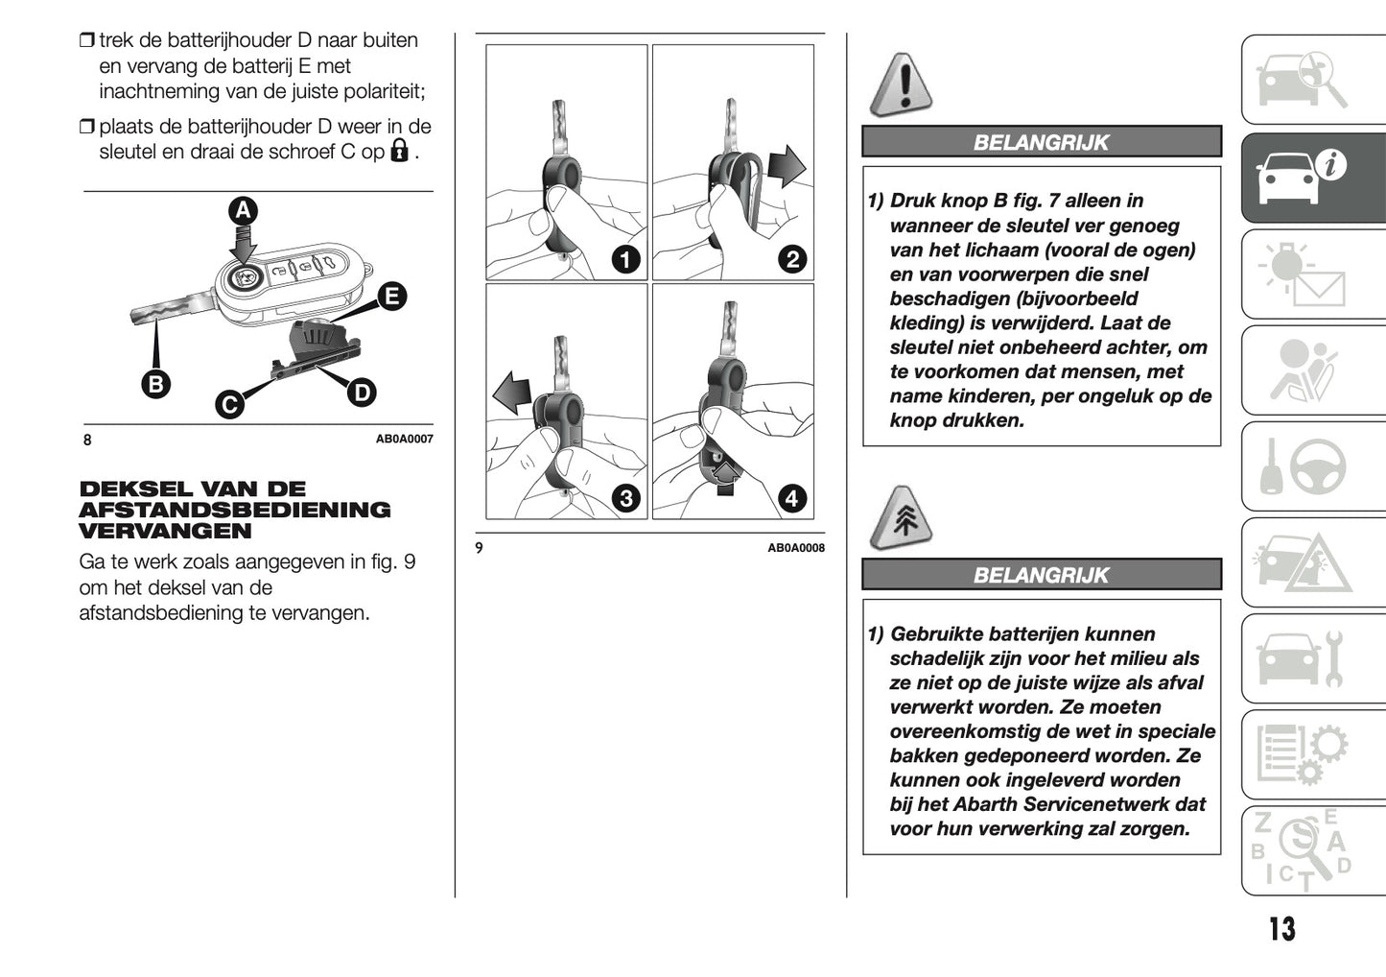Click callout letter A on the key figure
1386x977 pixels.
click(x=243, y=210)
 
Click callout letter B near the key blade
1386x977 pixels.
click(x=154, y=384)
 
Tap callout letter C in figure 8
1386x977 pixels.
click(x=228, y=405)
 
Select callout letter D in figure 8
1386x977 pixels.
click(x=361, y=392)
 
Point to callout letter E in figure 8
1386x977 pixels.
click(x=390, y=297)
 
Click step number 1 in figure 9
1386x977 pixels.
click(x=625, y=259)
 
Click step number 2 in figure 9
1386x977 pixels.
click(x=792, y=259)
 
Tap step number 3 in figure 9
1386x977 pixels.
click(x=625, y=498)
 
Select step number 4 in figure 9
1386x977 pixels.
click(x=792, y=498)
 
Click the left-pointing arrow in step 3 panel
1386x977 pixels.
click(x=512, y=393)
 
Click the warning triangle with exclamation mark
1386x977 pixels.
click(x=902, y=85)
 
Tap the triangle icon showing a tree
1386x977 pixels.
click(x=902, y=518)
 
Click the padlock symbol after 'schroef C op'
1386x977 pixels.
click(x=400, y=151)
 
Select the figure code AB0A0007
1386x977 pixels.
click(x=404, y=439)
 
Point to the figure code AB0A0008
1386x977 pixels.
click(x=795, y=548)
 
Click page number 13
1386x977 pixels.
click(x=1281, y=928)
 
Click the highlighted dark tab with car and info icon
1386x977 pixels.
click(x=1312, y=178)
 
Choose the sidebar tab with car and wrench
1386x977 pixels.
click(x=1312, y=658)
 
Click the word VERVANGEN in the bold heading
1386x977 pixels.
click(x=153, y=531)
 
